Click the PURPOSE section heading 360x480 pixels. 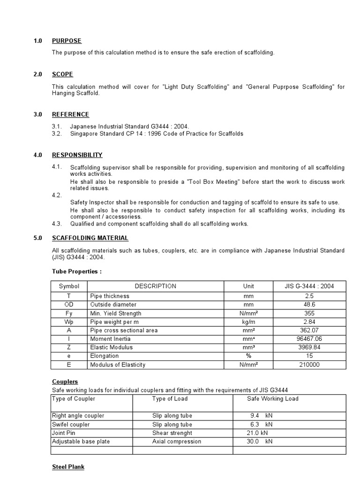[67, 41]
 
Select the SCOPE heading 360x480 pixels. [62, 75]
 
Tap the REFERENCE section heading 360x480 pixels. [70, 114]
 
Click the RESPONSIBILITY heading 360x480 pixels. [77, 155]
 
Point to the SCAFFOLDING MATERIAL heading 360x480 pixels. [90, 238]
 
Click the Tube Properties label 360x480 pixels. [76, 271]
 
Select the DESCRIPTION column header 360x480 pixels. [155, 286]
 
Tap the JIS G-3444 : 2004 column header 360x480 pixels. [309, 286]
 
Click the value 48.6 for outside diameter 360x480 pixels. [309, 305]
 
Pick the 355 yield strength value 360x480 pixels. [309, 313]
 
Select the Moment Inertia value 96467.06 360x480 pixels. [309, 339]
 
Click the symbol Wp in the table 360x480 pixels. [69, 322]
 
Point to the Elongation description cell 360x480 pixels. [104, 356]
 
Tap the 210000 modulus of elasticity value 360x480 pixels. [309, 365]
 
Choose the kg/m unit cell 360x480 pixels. [248, 322]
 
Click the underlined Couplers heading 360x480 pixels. [65, 382]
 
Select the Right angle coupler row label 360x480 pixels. [78, 416]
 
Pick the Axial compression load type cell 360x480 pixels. [176, 442]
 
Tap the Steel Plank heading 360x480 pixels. [68, 467]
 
